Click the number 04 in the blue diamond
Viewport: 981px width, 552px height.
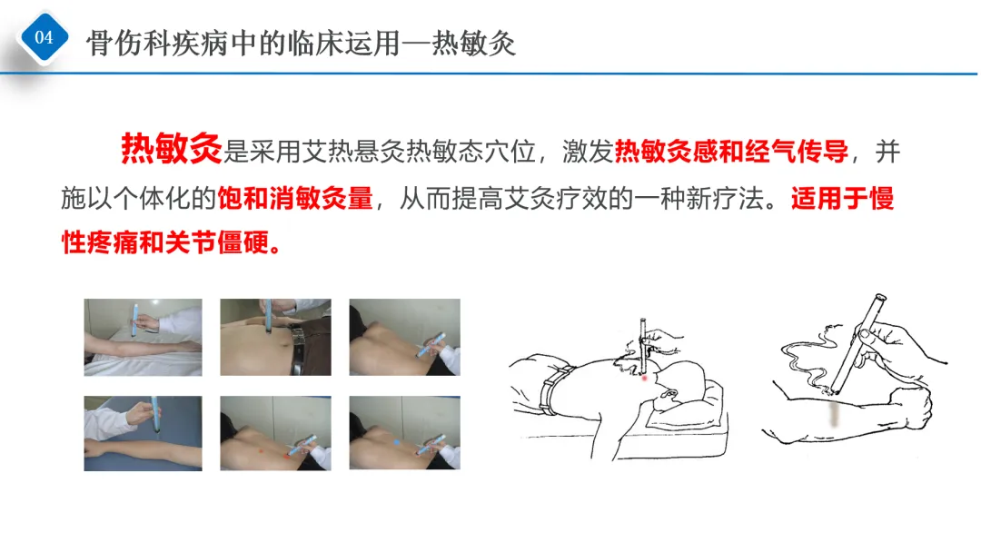(x=44, y=37)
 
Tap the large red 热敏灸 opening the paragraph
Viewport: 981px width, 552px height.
(x=172, y=149)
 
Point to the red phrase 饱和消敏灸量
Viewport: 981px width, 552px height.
(x=295, y=198)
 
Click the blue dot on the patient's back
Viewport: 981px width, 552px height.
(x=397, y=443)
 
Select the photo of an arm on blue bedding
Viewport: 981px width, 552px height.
(x=144, y=433)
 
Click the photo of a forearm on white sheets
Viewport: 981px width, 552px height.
(x=144, y=338)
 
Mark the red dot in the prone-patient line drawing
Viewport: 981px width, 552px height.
(x=644, y=379)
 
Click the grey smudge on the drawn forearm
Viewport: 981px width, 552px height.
(x=834, y=415)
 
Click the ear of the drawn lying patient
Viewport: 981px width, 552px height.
(x=669, y=396)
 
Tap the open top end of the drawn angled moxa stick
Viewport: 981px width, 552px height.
(x=880, y=298)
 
